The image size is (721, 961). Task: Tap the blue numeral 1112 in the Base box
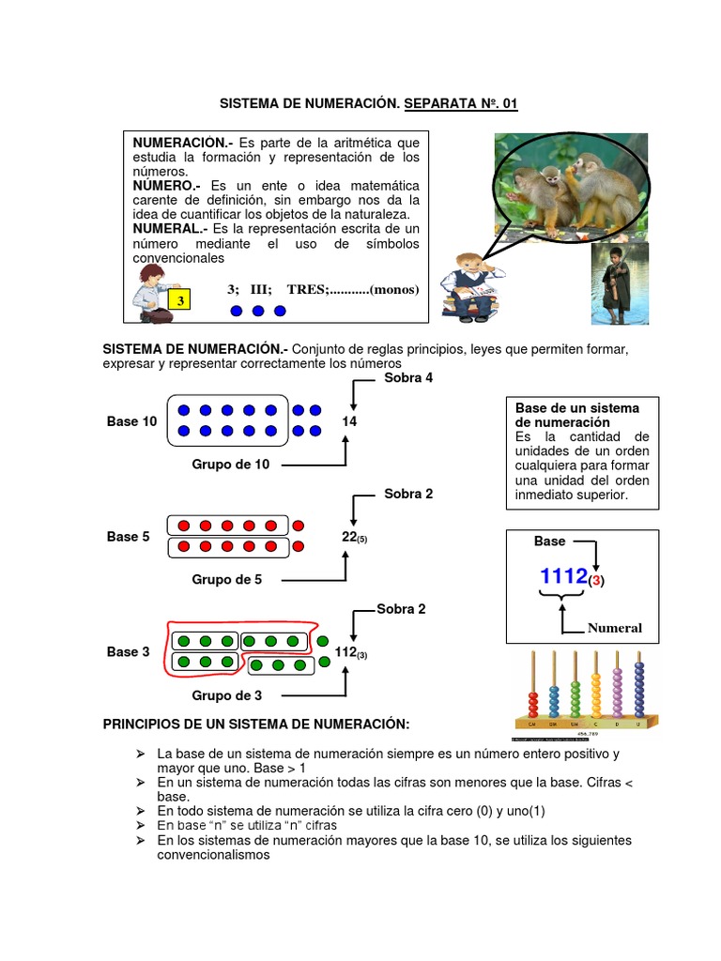(563, 576)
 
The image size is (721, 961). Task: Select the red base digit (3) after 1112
(596, 581)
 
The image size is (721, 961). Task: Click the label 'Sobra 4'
(408, 378)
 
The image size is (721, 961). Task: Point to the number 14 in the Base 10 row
(349, 421)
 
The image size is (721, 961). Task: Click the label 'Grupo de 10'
(231, 464)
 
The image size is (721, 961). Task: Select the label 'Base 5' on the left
(128, 537)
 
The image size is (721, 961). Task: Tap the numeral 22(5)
(354, 537)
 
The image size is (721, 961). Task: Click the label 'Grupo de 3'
(227, 695)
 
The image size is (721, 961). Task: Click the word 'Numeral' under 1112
(615, 628)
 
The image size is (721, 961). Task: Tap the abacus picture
(585, 694)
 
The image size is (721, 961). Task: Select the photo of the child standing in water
(619, 284)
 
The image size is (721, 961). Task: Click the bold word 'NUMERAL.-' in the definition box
(171, 228)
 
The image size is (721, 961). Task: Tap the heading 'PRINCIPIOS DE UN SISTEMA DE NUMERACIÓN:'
(256, 724)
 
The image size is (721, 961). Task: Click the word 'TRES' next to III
(306, 289)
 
